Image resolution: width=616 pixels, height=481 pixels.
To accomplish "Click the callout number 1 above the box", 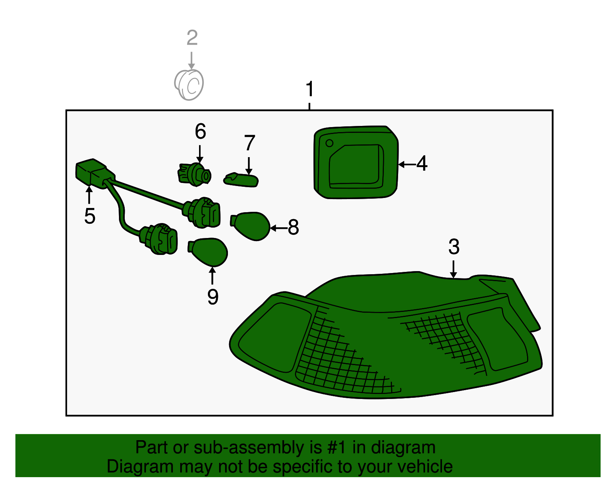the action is tap(310, 89).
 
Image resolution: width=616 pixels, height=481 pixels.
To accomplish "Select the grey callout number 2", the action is tap(192, 38).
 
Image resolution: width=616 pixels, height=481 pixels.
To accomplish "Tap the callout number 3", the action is tap(454, 246).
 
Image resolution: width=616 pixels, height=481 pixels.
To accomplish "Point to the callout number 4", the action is tap(422, 164).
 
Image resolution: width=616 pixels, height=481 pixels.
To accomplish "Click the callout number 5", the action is tap(90, 216).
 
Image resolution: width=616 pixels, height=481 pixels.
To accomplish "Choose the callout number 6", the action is tap(201, 131).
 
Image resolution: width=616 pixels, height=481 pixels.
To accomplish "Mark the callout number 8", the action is tap(293, 227).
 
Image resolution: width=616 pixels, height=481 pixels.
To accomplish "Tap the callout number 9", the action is tap(213, 297).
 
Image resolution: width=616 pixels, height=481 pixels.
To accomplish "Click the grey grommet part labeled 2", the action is tap(189, 85).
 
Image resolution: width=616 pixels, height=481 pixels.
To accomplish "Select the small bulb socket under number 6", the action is tap(194, 174).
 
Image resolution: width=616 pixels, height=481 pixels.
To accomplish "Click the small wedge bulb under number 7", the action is tap(241, 180).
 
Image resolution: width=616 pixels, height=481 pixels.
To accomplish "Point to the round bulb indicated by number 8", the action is tap(250, 226).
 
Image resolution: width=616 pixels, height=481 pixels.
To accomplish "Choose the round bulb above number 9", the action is tap(208, 252).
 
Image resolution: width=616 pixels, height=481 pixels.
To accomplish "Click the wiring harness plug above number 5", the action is tap(95, 173).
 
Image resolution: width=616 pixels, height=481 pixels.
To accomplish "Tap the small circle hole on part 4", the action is tap(330, 143).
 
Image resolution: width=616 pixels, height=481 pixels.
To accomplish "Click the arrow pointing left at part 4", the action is tap(407, 164).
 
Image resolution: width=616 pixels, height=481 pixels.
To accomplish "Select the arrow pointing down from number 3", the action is tap(453, 269).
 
